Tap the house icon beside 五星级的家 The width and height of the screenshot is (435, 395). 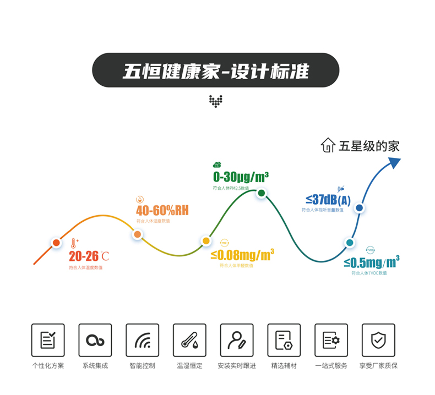pos(328,145)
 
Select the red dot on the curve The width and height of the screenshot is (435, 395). pos(56,243)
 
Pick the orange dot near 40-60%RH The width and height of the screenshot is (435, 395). pos(137,234)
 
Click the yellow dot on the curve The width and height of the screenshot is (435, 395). pos(206,240)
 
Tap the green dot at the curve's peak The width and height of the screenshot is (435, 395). pos(262,193)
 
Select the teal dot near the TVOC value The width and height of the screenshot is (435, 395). pos(349,243)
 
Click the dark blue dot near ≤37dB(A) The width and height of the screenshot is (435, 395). pos(359,208)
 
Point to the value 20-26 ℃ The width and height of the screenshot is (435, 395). pos(88,256)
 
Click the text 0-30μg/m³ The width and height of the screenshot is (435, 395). pos(241,177)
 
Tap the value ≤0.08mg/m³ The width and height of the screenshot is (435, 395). pos(242,255)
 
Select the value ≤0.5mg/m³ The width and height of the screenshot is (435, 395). pos(372,262)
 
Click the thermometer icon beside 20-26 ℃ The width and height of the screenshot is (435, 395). pos(73,244)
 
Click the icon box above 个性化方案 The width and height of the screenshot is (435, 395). pos(48,341)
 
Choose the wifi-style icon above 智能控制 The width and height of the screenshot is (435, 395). pos(142,341)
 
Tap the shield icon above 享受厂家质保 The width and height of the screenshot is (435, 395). pos(378,341)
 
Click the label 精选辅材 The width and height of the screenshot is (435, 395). pos(284,365)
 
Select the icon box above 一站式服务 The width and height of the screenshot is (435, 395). pos(331,341)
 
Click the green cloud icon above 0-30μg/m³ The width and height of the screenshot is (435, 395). pos(217,164)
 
